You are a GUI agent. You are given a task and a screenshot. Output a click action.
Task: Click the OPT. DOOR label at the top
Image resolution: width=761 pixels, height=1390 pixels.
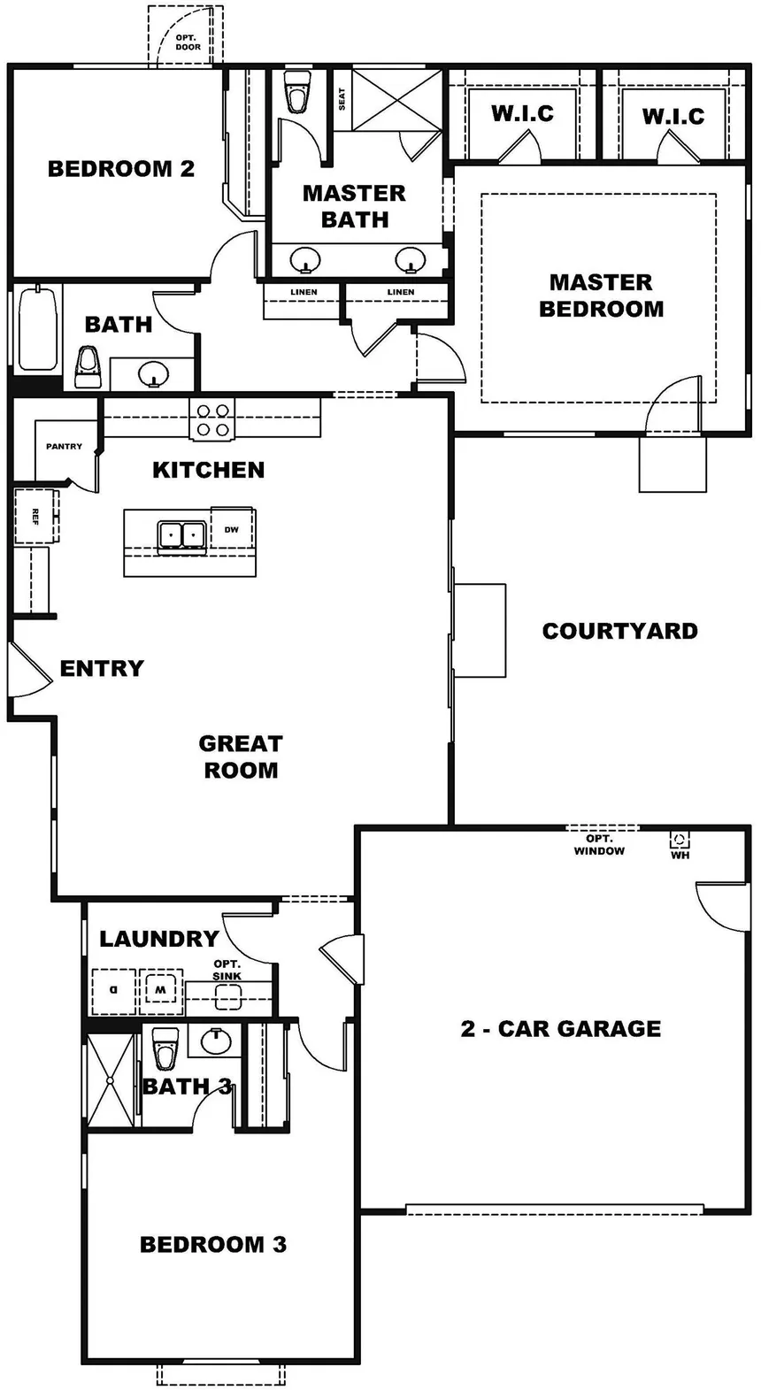pyautogui.click(x=187, y=42)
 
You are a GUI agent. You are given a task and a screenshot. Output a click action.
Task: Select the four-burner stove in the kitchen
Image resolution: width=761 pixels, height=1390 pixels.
pyautogui.click(x=212, y=419)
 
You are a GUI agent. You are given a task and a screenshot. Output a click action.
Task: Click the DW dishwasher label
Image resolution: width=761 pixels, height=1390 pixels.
pyautogui.click(x=232, y=529)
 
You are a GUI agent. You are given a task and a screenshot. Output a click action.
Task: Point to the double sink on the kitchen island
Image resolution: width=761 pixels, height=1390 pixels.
pyautogui.click(x=181, y=534)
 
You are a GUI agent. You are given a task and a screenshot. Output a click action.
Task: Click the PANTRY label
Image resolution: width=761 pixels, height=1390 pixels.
pyautogui.click(x=64, y=446)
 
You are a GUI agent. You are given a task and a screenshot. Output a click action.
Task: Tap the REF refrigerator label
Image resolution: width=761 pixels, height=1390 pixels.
pyautogui.click(x=35, y=517)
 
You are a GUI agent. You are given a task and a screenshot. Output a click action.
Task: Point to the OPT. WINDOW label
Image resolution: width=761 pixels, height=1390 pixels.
pyautogui.click(x=599, y=845)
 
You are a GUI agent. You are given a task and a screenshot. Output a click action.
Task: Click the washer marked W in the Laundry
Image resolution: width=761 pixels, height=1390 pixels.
pyautogui.click(x=160, y=991)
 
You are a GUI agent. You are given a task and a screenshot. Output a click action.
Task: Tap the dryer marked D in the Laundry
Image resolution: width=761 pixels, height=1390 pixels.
pyautogui.click(x=113, y=991)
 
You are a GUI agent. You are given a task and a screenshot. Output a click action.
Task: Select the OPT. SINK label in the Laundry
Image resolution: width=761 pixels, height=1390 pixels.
pyautogui.click(x=227, y=970)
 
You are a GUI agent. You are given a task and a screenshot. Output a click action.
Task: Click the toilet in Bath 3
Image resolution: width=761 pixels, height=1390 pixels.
pyautogui.click(x=165, y=1049)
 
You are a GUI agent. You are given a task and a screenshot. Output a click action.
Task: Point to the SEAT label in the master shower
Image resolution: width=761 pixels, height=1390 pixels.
pyautogui.click(x=342, y=99)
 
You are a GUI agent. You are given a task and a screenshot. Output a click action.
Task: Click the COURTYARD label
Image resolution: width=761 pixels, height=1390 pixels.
pyautogui.click(x=620, y=631)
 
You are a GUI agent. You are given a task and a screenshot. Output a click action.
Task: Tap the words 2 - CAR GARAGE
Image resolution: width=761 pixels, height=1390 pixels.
pyautogui.click(x=560, y=1029)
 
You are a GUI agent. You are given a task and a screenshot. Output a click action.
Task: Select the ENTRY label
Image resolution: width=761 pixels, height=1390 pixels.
pyautogui.click(x=102, y=668)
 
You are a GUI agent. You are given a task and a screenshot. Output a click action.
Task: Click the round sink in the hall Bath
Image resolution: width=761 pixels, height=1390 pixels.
pyautogui.click(x=153, y=374)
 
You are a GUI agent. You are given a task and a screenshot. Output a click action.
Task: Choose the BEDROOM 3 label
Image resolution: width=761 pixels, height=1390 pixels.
pyautogui.click(x=213, y=1244)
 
